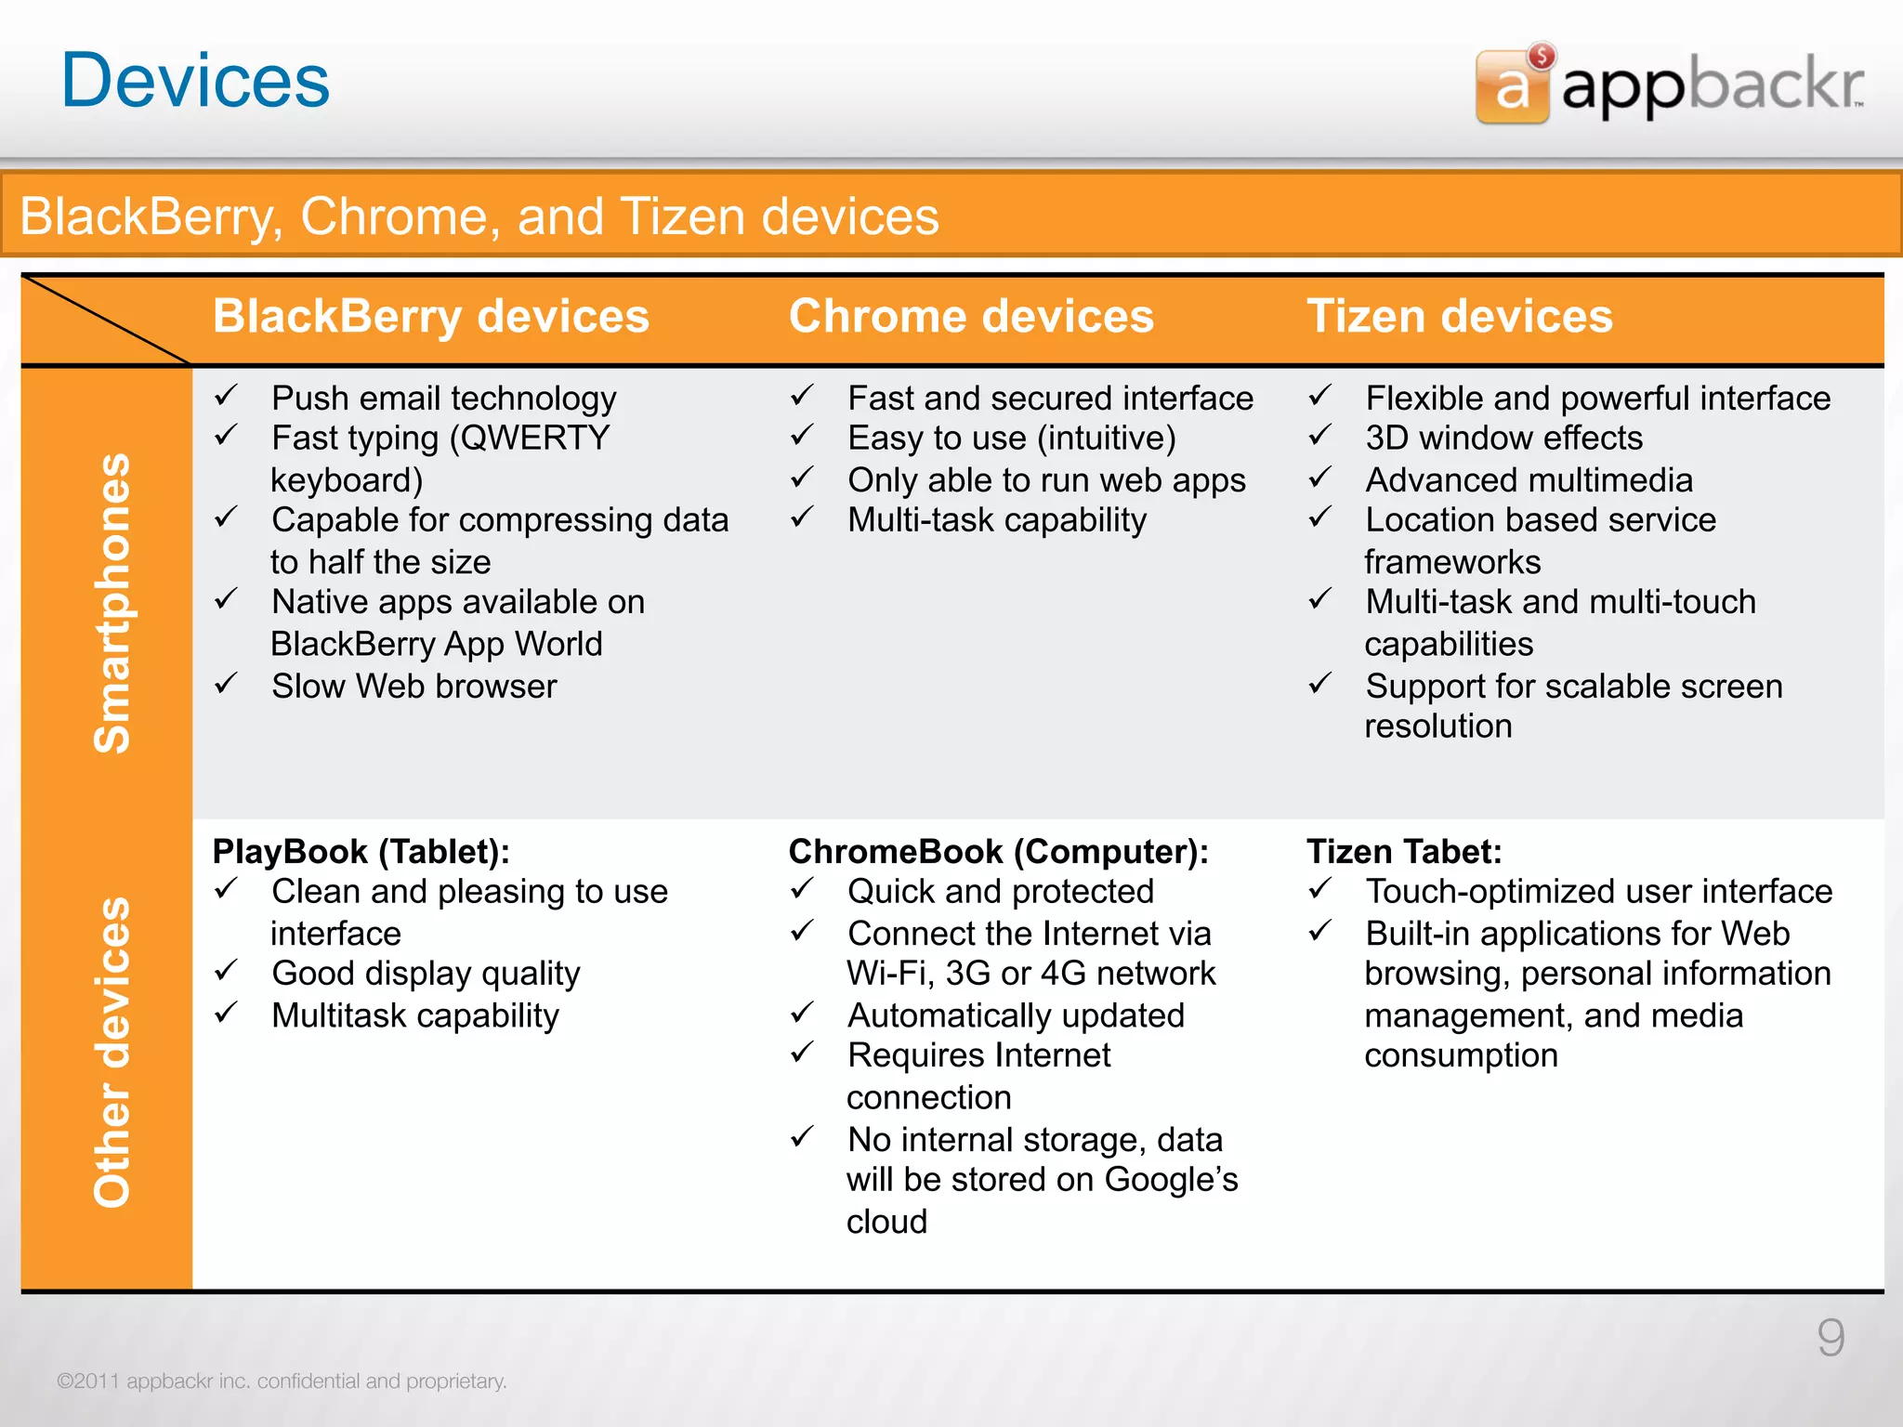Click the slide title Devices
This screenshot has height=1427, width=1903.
(195, 81)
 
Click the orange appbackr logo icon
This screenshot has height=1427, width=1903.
(1512, 86)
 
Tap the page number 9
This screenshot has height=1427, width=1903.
(1831, 1338)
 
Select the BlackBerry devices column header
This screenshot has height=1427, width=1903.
(431, 317)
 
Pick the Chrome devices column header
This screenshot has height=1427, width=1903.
(971, 317)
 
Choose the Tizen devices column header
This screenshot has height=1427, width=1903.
(1459, 317)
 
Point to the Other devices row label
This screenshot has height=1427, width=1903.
(112, 1052)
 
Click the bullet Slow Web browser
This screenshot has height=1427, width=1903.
(414, 687)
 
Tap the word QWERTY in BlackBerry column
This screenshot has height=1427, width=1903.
(534, 438)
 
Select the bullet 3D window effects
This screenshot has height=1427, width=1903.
(1503, 438)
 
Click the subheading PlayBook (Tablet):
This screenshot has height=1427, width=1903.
(361, 851)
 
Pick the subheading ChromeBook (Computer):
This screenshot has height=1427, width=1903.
(998, 851)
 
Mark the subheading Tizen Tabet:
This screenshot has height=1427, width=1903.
(1403, 851)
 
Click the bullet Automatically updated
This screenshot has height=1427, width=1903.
(1016, 1015)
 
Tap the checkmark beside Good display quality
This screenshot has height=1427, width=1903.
(227, 972)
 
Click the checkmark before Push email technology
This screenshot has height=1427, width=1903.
(227, 397)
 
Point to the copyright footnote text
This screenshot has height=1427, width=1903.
(282, 1381)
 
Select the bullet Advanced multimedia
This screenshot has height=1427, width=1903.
(1529, 480)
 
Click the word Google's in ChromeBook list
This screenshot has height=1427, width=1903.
(1171, 1180)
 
